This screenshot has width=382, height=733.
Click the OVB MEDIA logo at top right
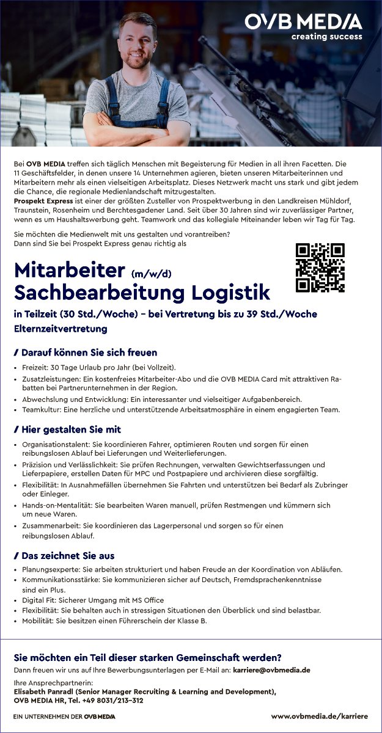(x=303, y=22)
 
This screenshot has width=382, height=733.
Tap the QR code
(x=320, y=268)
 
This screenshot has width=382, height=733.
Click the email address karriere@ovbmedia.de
(x=271, y=670)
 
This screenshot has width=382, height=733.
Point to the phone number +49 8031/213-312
(x=113, y=701)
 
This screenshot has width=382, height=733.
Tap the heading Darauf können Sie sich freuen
(x=89, y=352)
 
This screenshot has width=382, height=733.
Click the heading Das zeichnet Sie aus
(x=68, y=556)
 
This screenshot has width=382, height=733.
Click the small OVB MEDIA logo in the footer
(x=100, y=716)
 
